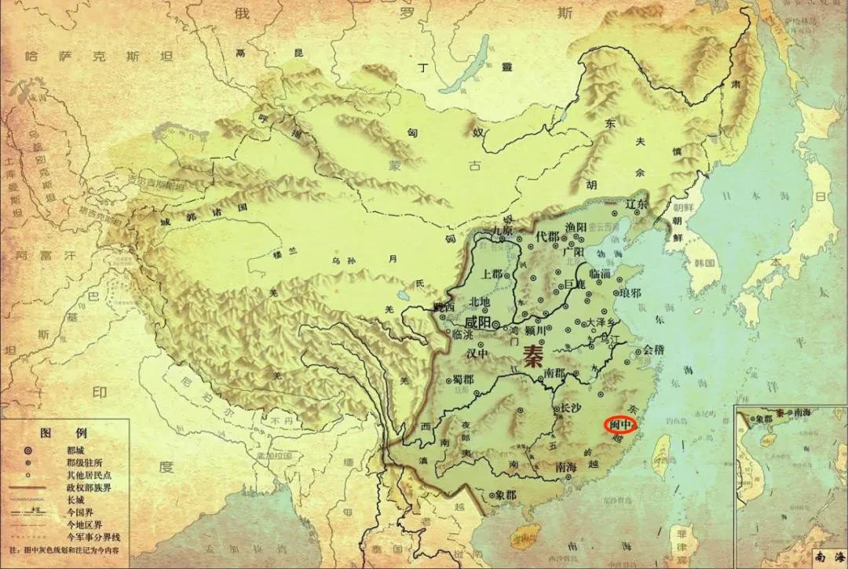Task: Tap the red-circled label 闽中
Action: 620,425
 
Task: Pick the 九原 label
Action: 502,232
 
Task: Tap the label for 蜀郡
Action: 463,380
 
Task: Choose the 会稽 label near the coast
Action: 653,350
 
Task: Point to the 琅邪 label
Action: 630,293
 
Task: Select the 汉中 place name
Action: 477,354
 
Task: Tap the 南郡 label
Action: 554,373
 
